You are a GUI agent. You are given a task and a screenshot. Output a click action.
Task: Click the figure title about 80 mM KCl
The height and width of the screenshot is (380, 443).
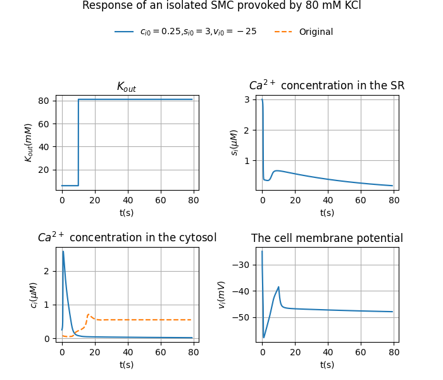coord(221,6)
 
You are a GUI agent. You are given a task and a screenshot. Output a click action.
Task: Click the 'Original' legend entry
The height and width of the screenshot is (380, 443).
coord(315,32)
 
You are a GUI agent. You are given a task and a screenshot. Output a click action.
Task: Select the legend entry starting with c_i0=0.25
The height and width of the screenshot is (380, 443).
coord(197,32)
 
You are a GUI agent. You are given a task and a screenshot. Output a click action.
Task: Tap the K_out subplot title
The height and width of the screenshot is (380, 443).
coord(127,87)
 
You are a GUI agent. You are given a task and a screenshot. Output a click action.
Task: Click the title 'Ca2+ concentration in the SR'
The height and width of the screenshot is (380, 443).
coord(327,85)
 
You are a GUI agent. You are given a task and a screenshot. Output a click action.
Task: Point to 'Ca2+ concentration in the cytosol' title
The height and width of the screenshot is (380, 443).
coord(127,238)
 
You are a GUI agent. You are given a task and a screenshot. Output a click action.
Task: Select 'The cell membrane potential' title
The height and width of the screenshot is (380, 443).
coord(327,239)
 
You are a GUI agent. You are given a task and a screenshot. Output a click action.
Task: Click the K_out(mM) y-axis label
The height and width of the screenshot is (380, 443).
coord(28,142)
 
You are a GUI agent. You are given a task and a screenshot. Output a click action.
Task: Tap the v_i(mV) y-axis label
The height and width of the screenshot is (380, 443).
coord(221,294)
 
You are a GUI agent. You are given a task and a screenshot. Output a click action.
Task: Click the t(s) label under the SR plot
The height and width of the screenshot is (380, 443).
coord(327,213)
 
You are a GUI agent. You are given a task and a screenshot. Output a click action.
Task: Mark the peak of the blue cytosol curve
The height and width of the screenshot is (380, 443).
coord(63,251)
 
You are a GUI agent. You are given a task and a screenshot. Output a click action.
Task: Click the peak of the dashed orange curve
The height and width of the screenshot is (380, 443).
coord(88,314)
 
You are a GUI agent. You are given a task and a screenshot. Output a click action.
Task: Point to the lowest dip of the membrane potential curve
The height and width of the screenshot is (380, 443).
coord(264,338)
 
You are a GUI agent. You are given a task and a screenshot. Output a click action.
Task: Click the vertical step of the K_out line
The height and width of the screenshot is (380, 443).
coord(78,142)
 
